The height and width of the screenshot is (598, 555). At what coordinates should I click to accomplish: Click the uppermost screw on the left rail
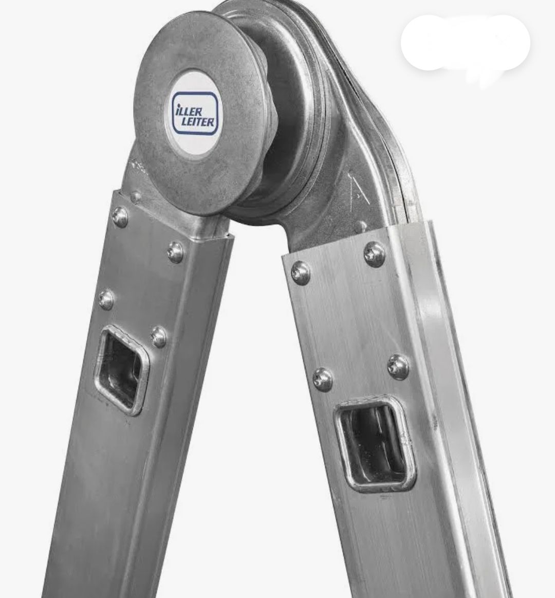[120, 217]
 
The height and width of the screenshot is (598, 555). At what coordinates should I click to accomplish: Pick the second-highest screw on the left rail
[175, 252]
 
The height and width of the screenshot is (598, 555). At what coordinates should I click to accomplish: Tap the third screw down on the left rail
[106, 299]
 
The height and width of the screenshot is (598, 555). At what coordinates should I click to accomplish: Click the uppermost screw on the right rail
[374, 253]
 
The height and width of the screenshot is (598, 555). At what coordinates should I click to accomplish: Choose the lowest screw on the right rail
[323, 379]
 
